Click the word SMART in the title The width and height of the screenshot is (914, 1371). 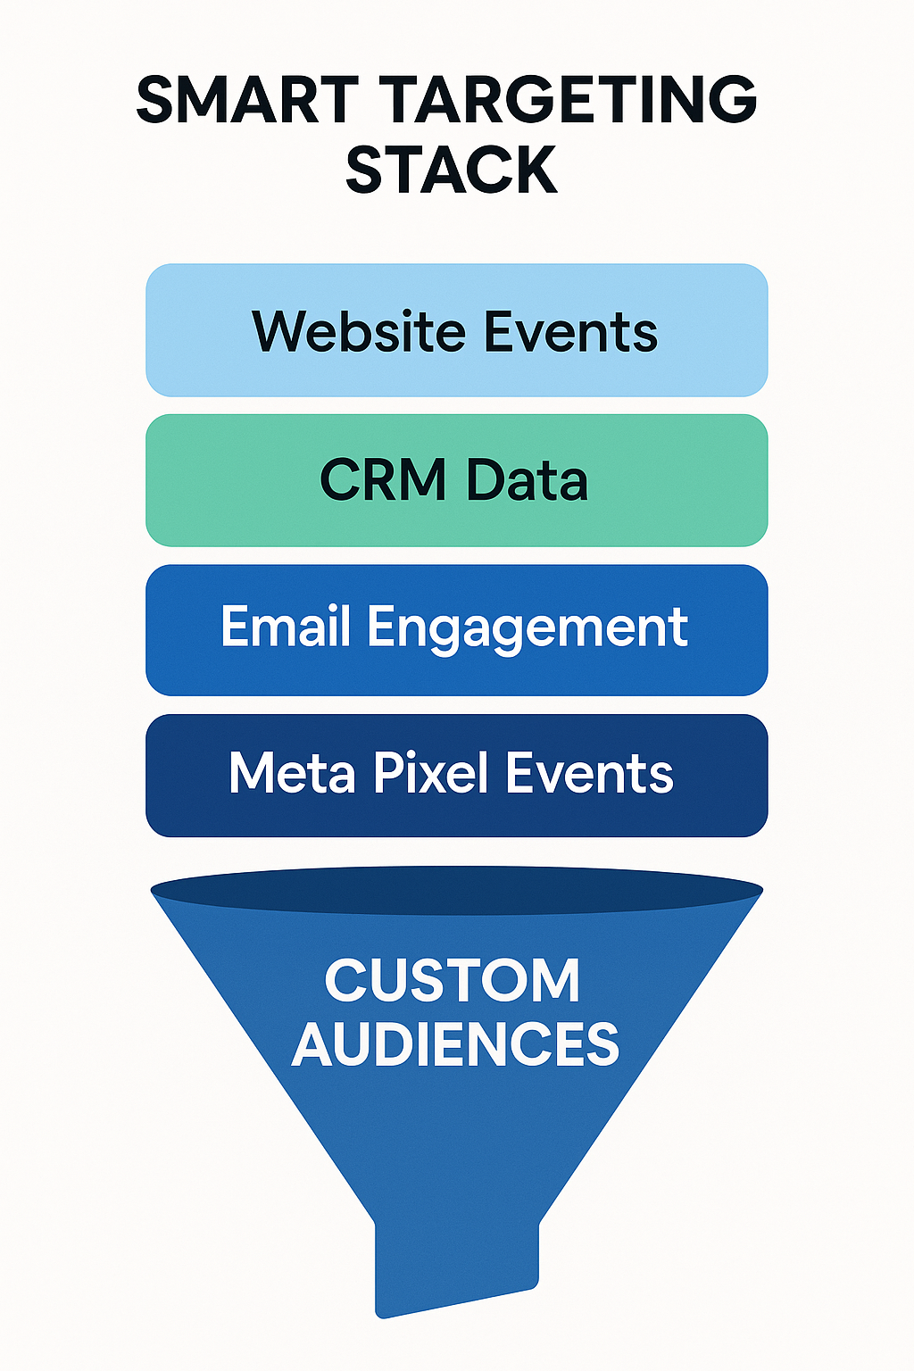246,100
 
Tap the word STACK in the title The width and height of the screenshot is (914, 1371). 452,170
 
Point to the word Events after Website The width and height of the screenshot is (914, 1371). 571,331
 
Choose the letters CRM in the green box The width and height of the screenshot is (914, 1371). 383,480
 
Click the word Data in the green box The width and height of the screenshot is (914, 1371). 527,480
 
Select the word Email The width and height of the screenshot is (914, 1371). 286,627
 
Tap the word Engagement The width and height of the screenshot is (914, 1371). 527,628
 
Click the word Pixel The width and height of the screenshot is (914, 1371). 431,773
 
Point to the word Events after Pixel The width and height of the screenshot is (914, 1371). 589,773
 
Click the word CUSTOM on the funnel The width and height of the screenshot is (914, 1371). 453,980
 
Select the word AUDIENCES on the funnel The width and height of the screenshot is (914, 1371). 455,1043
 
